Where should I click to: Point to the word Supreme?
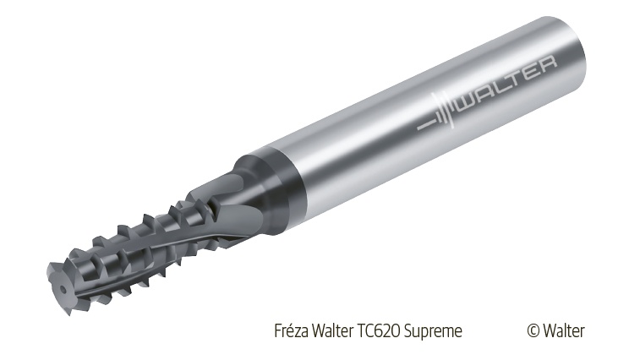coord(433,331)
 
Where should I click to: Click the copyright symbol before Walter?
coord(533,330)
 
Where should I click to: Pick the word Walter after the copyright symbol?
coord(564,330)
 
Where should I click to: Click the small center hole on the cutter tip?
coord(63,289)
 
